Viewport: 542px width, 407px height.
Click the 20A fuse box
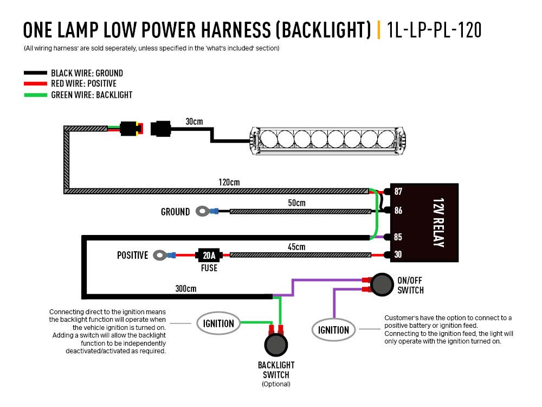[x=209, y=255]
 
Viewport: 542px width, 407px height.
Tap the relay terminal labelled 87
[x=398, y=192]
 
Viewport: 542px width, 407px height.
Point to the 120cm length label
[x=230, y=182]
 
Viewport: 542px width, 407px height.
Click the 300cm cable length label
[x=185, y=288]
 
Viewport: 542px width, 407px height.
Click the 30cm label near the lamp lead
[x=193, y=121]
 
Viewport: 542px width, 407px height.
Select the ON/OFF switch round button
[x=382, y=284]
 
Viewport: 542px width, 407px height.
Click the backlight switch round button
[x=276, y=345]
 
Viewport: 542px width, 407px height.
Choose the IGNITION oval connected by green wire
[x=218, y=323]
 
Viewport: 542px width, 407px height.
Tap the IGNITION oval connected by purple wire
[x=333, y=329]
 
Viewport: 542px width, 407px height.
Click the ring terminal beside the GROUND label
[x=203, y=211]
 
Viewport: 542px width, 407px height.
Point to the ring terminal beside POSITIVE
[x=160, y=255]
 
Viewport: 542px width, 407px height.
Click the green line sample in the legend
[x=35, y=94]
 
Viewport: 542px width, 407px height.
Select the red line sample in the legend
[x=35, y=84]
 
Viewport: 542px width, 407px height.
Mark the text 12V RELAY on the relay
[x=439, y=222]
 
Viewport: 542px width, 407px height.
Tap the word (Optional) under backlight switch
[x=276, y=384]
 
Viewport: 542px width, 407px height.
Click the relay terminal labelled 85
[x=398, y=237]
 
